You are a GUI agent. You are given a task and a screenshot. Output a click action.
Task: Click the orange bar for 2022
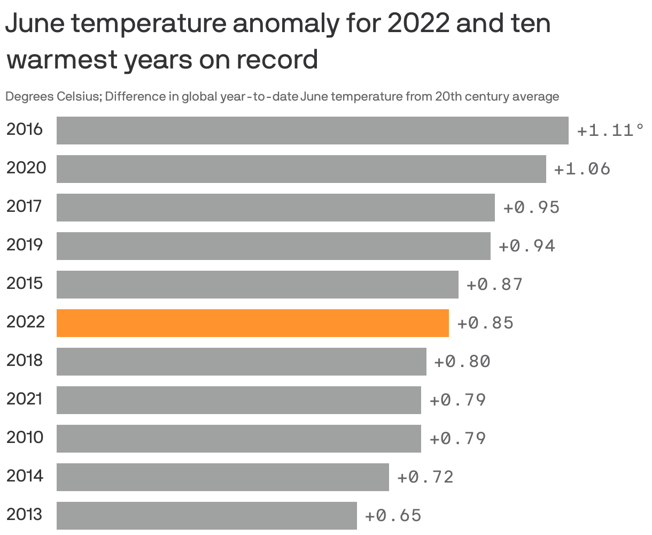click(x=252, y=323)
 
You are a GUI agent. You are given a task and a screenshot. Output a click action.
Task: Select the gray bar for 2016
click(x=312, y=131)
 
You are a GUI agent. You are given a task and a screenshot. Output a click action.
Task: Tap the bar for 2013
click(x=206, y=516)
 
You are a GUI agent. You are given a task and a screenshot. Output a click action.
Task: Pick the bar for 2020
click(x=301, y=169)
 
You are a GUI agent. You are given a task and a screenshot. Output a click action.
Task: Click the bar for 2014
click(x=222, y=477)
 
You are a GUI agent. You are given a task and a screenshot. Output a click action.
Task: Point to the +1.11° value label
click(x=610, y=131)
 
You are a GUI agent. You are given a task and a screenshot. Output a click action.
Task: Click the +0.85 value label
click(x=485, y=323)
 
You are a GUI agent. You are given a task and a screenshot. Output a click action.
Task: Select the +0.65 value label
click(x=393, y=516)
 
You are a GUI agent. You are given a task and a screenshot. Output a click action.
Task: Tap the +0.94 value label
click(x=527, y=246)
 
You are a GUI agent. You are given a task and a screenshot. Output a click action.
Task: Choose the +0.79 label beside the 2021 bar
click(x=457, y=400)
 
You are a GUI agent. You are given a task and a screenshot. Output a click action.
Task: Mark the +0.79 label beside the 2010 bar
click(x=457, y=439)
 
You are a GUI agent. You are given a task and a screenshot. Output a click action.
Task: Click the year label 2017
click(x=24, y=206)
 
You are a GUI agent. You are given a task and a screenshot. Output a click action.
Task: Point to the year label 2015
click(x=25, y=283)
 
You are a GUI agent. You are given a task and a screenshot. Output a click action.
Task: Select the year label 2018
click(x=25, y=360)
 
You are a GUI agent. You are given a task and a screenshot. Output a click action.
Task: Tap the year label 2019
click(x=25, y=244)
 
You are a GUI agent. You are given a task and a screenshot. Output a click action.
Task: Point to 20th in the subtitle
click(x=448, y=97)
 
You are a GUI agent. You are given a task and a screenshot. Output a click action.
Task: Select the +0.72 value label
click(x=425, y=477)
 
